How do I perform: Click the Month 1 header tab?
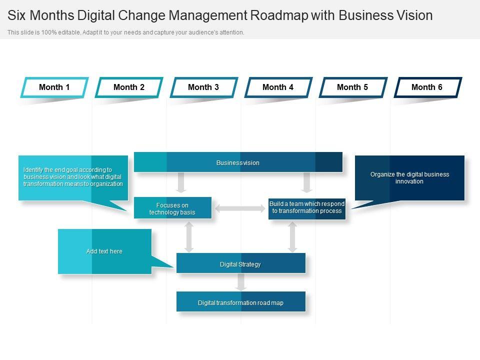pyautogui.click(x=54, y=87)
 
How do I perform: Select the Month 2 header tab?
pyautogui.click(x=129, y=87)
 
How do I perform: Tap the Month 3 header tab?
pyautogui.click(x=203, y=87)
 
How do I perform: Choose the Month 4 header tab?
pyautogui.click(x=278, y=87)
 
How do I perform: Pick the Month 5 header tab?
pyautogui.click(x=352, y=87)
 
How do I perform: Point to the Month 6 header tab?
pyautogui.click(x=427, y=87)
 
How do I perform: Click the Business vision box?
pyautogui.click(x=238, y=162)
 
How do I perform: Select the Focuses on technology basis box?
pyautogui.click(x=172, y=208)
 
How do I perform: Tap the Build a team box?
pyautogui.click(x=307, y=208)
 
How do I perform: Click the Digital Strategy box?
pyautogui.click(x=240, y=263)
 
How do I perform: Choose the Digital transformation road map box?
pyautogui.click(x=240, y=302)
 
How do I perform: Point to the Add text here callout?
pyautogui.click(x=104, y=251)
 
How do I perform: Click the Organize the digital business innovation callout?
pyautogui.click(x=409, y=178)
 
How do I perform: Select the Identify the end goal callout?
pyautogui.click(x=73, y=177)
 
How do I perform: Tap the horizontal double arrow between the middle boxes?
pyautogui.click(x=240, y=208)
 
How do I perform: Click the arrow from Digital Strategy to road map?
pyautogui.click(x=241, y=282)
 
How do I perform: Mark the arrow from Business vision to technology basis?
pyautogui.click(x=181, y=182)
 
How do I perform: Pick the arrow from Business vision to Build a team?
pyautogui.click(x=307, y=182)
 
